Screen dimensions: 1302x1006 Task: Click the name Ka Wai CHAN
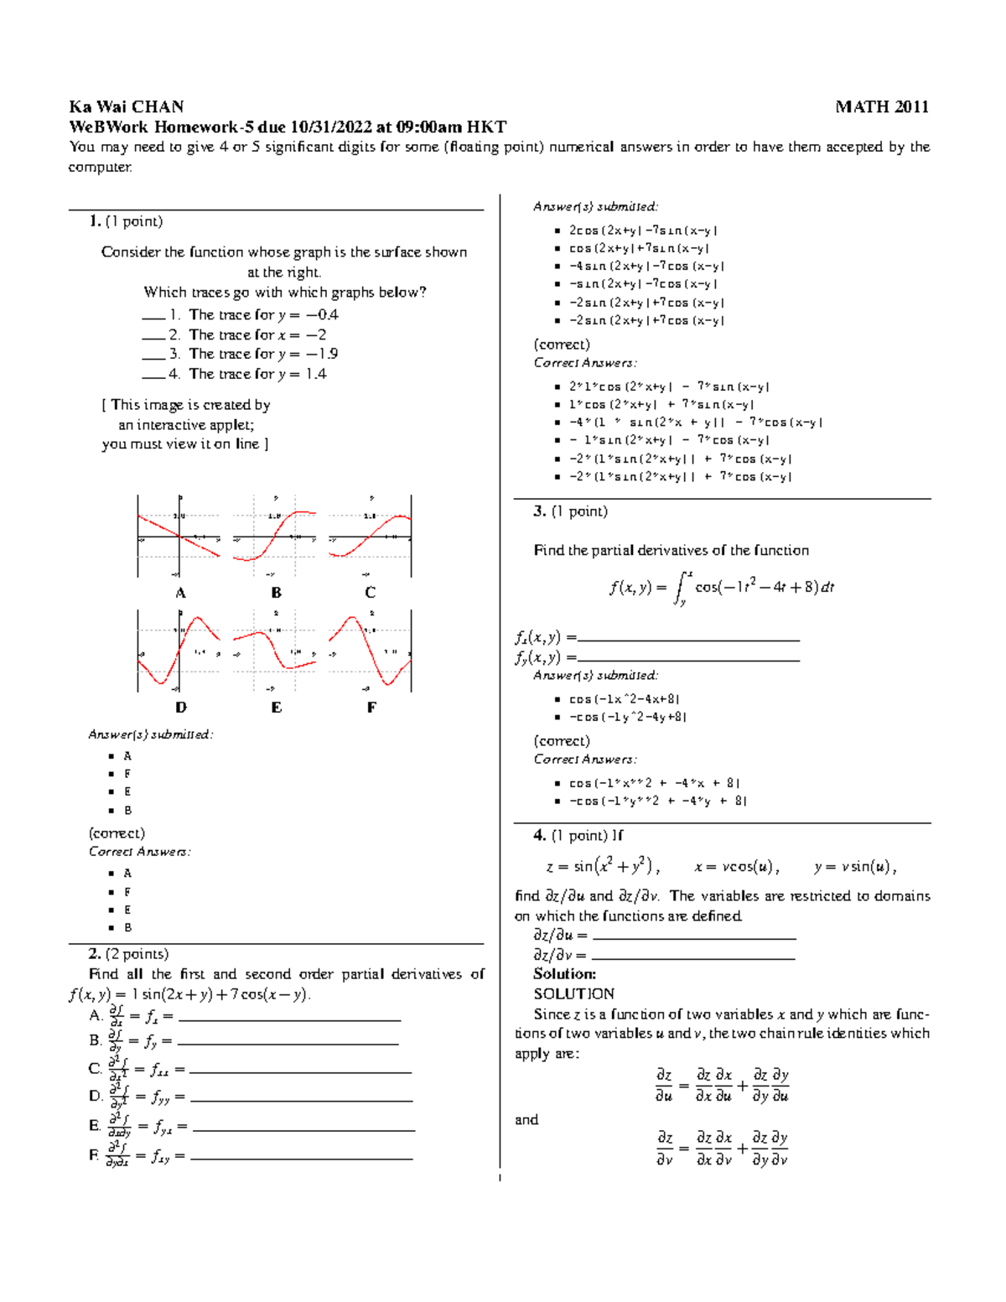pyautogui.click(x=126, y=106)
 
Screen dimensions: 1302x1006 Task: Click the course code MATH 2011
pyautogui.click(x=882, y=106)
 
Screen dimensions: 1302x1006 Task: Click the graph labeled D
pyautogui.click(x=179, y=651)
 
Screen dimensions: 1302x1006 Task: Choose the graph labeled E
pyautogui.click(x=275, y=651)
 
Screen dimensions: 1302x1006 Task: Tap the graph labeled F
pyautogui.click(x=370, y=651)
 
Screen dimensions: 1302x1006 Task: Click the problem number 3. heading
pyautogui.click(x=540, y=511)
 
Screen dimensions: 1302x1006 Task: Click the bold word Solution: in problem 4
pyautogui.click(x=564, y=974)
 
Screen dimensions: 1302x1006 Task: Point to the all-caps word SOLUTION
pyautogui.click(x=573, y=993)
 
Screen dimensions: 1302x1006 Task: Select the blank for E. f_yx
pyautogui.click(x=303, y=1128)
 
